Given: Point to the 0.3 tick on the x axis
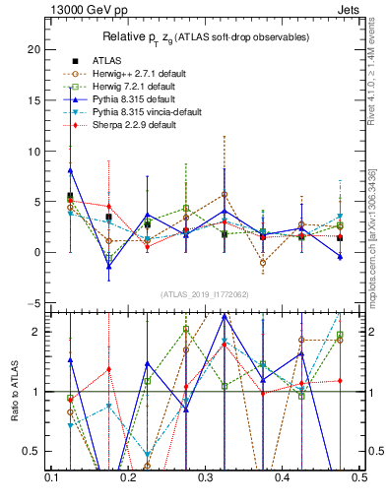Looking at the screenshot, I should [x=205, y=476].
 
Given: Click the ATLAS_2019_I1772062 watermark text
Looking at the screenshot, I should [x=205, y=294].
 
